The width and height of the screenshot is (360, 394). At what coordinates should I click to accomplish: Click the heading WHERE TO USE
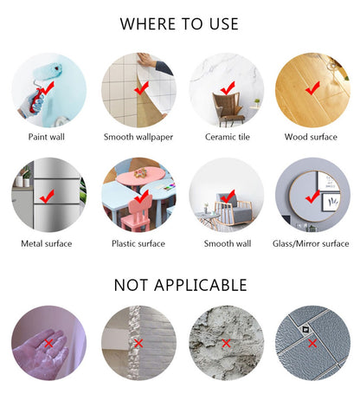179,24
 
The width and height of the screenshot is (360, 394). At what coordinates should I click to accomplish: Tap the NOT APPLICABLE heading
181,285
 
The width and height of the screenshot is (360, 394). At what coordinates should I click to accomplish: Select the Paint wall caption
47,137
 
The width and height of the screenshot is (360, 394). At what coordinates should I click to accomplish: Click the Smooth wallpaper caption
138,137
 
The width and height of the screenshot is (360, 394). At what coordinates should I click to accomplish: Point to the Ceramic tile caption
228,137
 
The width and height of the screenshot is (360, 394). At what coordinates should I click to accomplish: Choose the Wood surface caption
311,137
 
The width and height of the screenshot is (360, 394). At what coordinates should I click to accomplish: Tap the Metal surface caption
47,243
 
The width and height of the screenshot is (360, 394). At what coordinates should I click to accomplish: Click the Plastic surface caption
138,243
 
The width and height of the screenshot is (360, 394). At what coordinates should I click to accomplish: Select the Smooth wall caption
228,243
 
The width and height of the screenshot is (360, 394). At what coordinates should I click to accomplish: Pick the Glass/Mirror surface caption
311,243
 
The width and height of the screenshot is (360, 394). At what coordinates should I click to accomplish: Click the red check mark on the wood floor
312,88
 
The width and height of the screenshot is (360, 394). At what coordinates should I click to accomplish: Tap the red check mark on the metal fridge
47,196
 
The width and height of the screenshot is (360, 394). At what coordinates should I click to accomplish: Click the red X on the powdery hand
48,343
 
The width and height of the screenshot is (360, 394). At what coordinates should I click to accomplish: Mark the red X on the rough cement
226,343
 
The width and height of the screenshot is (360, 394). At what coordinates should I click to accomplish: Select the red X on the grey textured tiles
312,343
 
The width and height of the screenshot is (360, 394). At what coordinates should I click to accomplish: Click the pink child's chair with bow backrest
136,214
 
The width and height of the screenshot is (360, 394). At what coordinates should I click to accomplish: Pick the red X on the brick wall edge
138,343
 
